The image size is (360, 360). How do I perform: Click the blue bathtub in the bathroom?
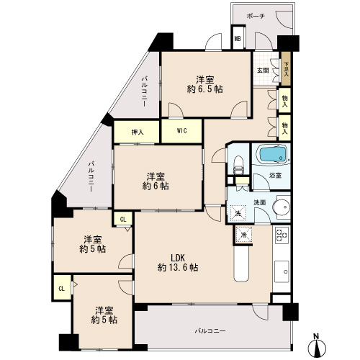pos(271,155)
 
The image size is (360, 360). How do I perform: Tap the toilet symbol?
pos(238,166)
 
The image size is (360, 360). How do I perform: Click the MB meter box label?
pos(238,38)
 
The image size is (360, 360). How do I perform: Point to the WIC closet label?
pos(181,131)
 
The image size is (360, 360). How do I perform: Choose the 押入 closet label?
pos(138,132)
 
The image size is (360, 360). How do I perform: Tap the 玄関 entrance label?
pos(263,71)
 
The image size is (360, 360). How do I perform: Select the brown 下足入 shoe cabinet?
pos(286,68)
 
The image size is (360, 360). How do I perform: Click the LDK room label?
pos(178,258)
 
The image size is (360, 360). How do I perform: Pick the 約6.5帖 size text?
pos(204,89)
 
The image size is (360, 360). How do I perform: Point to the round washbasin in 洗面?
pos(283,207)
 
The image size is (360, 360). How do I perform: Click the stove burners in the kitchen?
pos(282,235)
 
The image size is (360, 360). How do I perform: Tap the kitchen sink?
pos(282,271)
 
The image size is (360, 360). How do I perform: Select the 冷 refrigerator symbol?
pos(243,235)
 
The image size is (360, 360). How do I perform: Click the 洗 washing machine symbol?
pos(238,213)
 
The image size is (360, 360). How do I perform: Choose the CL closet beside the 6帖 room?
pos(123,219)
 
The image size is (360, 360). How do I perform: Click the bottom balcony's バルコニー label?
pos(210,331)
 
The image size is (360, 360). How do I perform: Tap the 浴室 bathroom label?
pos(275,176)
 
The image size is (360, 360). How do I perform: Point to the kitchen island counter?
pos(241,264)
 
